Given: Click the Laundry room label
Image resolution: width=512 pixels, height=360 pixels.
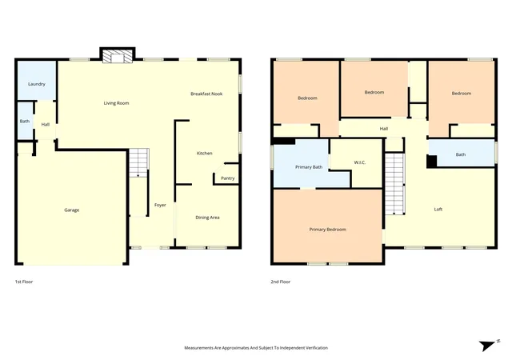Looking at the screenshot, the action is tap(37, 84).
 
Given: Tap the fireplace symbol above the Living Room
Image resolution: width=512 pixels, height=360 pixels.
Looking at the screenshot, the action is tap(118, 55).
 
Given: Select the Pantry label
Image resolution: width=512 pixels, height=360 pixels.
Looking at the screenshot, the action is tap(227, 178).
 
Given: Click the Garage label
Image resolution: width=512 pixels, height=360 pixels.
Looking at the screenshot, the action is tap(71, 210).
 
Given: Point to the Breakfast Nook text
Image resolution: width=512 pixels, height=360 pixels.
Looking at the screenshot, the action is tap(206, 94).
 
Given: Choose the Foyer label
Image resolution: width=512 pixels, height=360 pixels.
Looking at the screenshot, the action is tap(160, 205).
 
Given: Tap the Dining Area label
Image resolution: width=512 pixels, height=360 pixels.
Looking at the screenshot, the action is tap(207, 218).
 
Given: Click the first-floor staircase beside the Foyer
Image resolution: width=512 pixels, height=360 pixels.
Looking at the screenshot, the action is tap(138, 162).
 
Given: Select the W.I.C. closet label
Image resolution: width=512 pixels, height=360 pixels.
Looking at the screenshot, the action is tap(360, 162).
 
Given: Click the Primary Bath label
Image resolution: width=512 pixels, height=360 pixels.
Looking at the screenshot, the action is tap(309, 167).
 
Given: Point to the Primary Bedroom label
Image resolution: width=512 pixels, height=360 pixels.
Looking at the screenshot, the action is tap(327, 230).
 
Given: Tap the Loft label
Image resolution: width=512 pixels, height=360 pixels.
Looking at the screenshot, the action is tap(438, 210).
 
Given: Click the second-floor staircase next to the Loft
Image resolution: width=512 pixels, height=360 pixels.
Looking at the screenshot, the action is tap(394, 184).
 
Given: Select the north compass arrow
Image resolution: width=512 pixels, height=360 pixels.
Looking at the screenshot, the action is tap(487, 346).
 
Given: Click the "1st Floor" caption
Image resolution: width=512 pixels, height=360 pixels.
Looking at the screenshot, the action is tap(24, 282).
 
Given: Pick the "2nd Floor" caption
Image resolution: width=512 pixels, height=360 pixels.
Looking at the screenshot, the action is tap(281, 282).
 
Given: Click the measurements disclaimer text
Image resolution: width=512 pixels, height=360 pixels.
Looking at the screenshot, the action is tap(256, 348).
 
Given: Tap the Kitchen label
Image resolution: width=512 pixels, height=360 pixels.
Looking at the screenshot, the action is tap(205, 154).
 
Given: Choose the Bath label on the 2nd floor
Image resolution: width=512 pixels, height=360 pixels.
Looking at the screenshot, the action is tap(461, 154).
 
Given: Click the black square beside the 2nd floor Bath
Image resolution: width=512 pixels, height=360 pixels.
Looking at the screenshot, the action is tap(432, 162).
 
